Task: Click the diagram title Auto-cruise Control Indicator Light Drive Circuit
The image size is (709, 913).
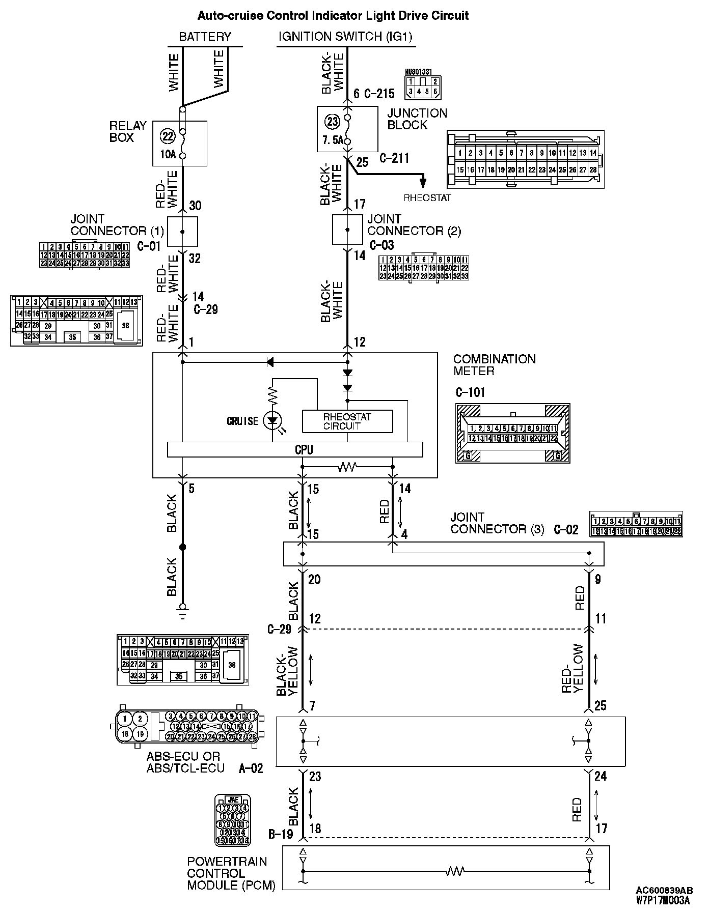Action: click(333, 16)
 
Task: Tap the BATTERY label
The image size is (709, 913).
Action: click(205, 37)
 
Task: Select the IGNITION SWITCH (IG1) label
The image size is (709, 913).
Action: click(345, 37)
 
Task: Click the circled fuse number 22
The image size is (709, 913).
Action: click(168, 136)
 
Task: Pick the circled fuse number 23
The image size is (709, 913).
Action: click(332, 122)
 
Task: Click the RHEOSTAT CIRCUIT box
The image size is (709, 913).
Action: click(347, 421)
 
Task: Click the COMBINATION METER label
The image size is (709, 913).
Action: click(494, 365)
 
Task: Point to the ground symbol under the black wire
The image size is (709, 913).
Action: click(182, 609)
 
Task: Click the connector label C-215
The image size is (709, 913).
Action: click(379, 94)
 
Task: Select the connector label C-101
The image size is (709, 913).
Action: click(470, 392)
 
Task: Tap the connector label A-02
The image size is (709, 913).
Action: click(251, 768)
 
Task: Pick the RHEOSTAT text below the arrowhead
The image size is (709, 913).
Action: click(427, 198)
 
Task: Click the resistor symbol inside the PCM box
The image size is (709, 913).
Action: click(455, 871)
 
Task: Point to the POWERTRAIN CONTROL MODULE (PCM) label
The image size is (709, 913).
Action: click(231, 873)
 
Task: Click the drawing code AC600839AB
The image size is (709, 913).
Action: click(664, 890)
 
